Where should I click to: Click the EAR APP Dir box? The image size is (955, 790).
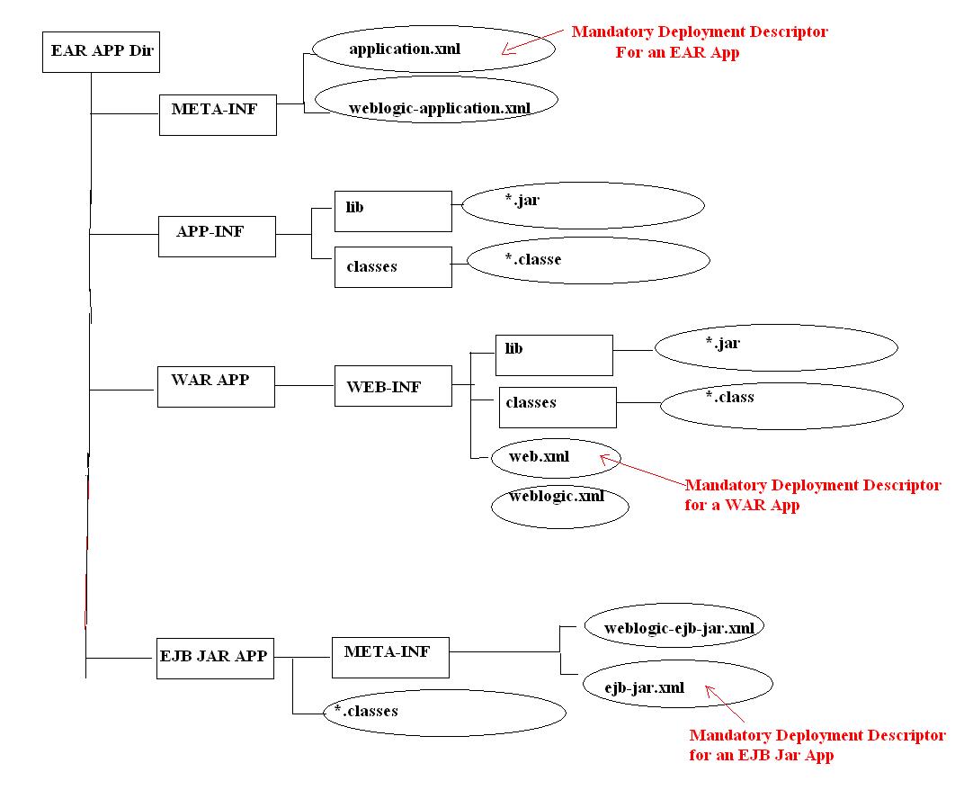pyautogui.click(x=102, y=51)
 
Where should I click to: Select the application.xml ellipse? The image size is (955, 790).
pyautogui.click(x=433, y=49)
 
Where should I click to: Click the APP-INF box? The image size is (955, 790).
pyautogui.click(x=217, y=236)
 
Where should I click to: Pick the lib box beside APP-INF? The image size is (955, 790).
pyautogui.click(x=392, y=211)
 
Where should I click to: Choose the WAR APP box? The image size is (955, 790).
pyautogui.click(x=217, y=386)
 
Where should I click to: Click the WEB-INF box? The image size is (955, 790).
pyautogui.click(x=392, y=386)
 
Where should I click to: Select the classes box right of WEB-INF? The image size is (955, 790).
pyautogui.click(x=558, y=407)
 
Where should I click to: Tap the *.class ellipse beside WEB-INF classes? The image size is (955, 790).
pyautogui.click(x=781, y=406)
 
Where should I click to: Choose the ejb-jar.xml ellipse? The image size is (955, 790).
pyautogui.click(x=677, y=686)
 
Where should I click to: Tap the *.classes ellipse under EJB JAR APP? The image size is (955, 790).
pyautogui.click(x=444, y=714)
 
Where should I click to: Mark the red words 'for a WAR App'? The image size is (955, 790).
pyautogui.click(x=742, y=506)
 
